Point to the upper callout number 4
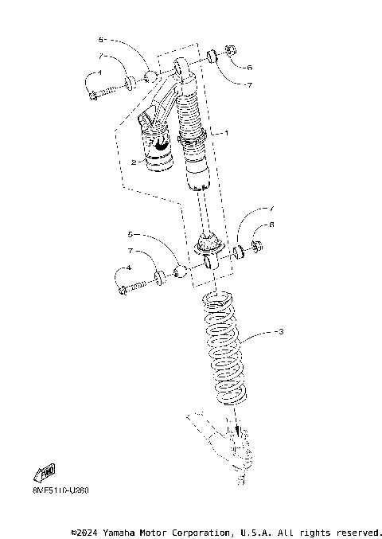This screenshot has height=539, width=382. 99,72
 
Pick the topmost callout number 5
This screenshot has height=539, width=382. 101,38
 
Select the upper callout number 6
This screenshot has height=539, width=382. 249,68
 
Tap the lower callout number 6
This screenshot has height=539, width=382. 271,225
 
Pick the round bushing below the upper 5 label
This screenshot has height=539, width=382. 149,77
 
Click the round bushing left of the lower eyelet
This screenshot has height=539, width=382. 181,272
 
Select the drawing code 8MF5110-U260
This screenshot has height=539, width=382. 50,490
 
